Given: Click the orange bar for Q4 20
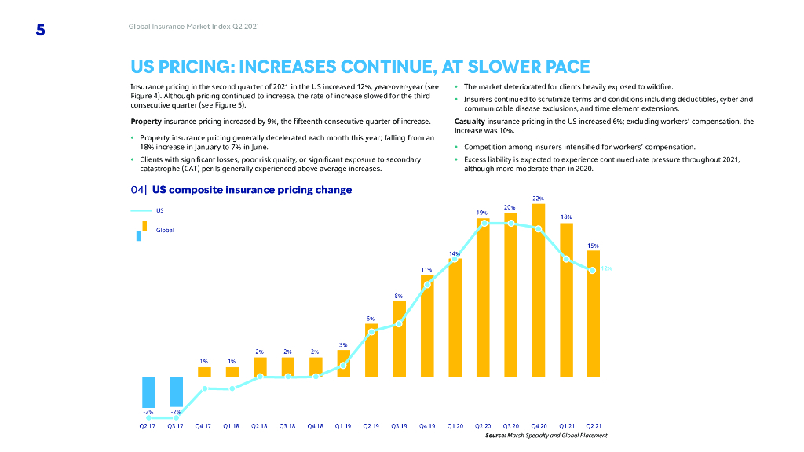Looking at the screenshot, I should [539, 290].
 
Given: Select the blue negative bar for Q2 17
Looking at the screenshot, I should [148, 392].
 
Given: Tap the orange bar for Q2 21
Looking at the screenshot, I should [594, 314].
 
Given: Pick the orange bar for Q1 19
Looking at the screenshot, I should [343, 363].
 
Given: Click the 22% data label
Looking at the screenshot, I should [539, 198].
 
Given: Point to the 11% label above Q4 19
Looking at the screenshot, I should [426, 269].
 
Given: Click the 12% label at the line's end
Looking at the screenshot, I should [606, 268].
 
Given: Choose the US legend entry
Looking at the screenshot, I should [160, 210].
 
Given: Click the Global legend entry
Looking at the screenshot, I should [165, 230].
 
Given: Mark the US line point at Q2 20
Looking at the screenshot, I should [484, 223].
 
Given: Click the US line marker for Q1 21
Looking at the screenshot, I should [566, 259].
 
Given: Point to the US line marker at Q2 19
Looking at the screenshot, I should [371, 332].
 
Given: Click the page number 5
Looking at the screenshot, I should [40, 31].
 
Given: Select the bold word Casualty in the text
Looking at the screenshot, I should [470, 122].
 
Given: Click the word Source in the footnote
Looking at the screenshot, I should [495, 435].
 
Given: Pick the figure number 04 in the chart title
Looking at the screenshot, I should [138, 190].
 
